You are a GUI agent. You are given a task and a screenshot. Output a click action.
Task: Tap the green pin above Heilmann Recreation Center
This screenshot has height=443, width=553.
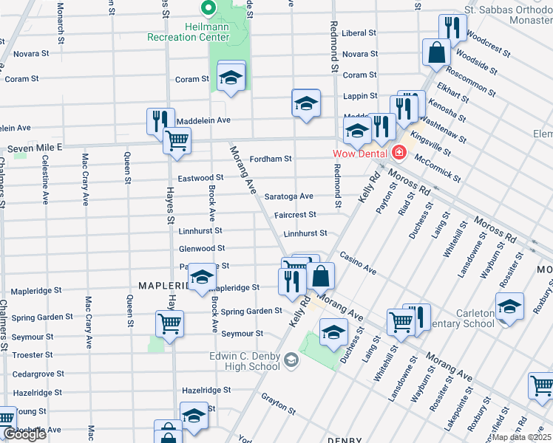[208, 10]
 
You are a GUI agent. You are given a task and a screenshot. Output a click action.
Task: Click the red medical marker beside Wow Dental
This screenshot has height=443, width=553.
[400, 153]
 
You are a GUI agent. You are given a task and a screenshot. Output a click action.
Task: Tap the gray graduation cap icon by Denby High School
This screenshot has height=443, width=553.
[292, 360]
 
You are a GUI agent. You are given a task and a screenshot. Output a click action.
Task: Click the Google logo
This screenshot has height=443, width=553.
[24, 434]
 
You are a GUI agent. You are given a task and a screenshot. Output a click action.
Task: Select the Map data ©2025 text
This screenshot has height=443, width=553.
[520, 437]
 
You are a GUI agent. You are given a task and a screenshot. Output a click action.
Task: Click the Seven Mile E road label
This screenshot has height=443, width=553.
[35, 148]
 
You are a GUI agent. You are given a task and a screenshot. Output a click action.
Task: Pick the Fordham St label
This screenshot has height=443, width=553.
[271, 159]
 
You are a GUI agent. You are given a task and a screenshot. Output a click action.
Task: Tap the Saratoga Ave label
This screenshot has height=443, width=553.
[289, 196]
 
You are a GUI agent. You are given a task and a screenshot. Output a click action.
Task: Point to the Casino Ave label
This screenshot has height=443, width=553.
[358, 264]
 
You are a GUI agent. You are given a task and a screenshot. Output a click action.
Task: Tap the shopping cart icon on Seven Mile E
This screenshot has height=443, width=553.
[177, 140]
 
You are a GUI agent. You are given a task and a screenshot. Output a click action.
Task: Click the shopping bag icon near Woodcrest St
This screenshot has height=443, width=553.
[436, 52]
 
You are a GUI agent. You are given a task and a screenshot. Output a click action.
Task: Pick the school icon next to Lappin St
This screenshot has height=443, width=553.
[305, 103]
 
